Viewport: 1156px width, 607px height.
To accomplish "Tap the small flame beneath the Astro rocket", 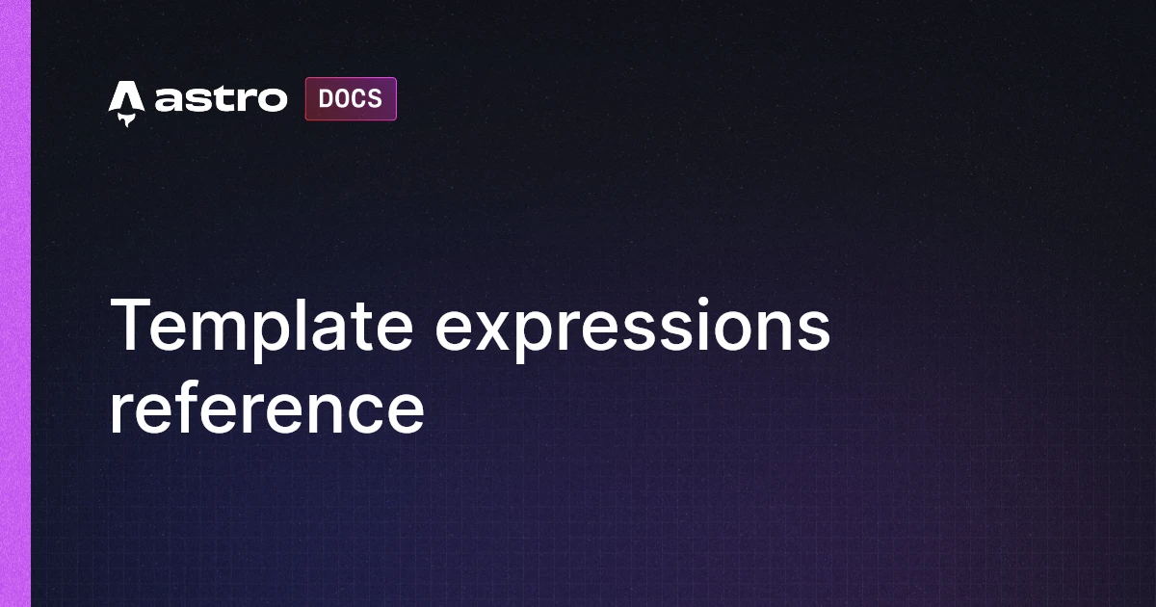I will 126,120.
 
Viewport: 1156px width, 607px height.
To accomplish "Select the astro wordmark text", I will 221,99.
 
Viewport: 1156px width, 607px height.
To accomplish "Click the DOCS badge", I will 351,99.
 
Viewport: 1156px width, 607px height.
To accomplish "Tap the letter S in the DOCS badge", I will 375,99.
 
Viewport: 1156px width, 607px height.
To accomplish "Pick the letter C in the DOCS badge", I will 358,99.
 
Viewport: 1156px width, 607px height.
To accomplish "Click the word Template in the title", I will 262,325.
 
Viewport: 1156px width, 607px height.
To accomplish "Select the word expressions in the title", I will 632,325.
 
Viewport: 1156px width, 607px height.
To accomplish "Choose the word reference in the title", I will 266,408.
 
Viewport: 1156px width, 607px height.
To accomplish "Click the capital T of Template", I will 131,325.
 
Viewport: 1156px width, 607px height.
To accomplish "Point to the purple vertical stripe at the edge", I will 15,303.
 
